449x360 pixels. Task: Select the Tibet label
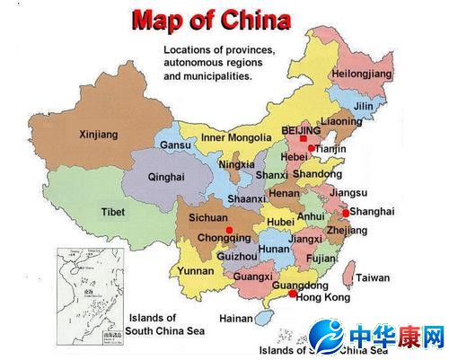[x=113, y=212]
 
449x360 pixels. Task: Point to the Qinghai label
[x=166, y=177]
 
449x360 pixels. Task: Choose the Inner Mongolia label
[x=236, y=137]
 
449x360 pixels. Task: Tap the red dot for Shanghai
[x=346, y=213]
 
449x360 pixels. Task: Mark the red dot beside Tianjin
[x=311, y=148]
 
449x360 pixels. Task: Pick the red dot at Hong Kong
[x=293, y=294]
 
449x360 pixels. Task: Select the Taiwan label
[x=373, y=278]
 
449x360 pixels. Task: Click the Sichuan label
[x=208, y=218]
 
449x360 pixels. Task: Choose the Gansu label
[x=176, y=145]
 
